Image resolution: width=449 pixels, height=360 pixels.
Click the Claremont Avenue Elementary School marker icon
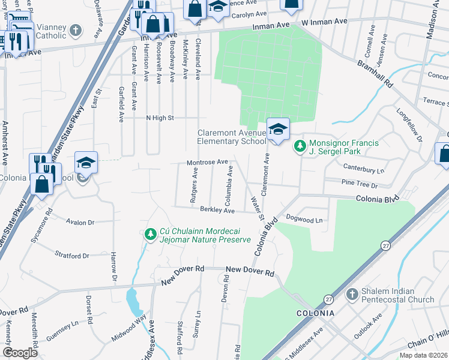(278, 129)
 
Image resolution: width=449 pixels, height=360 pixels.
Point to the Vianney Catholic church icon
(76, 30)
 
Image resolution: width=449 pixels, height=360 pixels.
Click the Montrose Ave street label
(207, 162)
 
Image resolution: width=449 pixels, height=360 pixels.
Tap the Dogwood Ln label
(305, 220)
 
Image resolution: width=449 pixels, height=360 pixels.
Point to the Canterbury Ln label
(363, 170)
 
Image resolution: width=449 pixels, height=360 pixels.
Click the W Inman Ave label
(325, 22)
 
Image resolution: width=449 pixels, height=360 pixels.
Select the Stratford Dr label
(71, 255)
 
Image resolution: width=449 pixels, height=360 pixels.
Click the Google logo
(20, 353)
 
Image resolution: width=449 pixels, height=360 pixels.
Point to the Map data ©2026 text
(424, 355)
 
